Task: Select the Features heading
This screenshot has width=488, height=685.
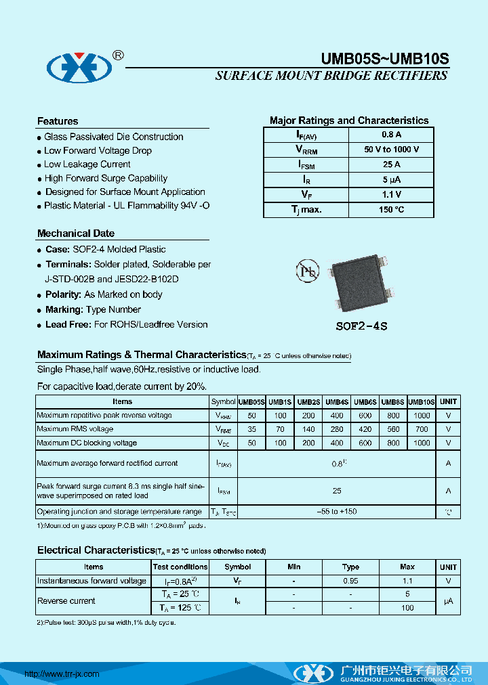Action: click(x=58, y=121)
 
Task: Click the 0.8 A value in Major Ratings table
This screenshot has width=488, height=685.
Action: click(x=391, y=135)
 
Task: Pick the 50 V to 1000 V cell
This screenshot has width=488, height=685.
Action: click(x=391, y=150)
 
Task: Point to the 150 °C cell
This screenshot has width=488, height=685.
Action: click(x=391, y=210)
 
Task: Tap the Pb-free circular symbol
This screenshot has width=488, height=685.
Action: click(x=307, y=271)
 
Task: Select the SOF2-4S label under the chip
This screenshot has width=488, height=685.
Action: click(x=361, y=326)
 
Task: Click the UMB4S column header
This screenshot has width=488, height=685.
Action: click(x=337, y=402)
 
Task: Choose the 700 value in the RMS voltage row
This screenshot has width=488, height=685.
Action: click(x=422, y=429)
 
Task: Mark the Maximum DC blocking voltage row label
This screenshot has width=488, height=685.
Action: click(x=87, y=443)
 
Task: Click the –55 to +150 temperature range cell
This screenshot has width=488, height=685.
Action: click(x=337, y=512)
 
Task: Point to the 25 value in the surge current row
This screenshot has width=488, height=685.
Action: click(x=337, y=491)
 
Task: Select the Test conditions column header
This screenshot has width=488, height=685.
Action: click(x=180, y=567)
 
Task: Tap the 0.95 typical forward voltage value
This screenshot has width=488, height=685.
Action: click(x=350, y=581)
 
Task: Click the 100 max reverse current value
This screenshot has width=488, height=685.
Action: click(x=407, y=608)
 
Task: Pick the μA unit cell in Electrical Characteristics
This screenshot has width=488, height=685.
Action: click(x=448, y=601)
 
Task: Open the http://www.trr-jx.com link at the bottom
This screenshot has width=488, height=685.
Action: click(x=62, y=674)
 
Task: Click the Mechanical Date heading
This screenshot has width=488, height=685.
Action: click(x=76, y=234)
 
